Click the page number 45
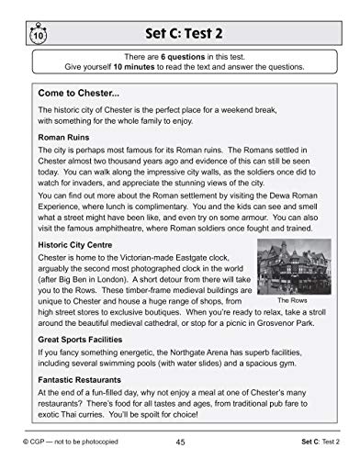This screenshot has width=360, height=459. (x=180, y=444)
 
